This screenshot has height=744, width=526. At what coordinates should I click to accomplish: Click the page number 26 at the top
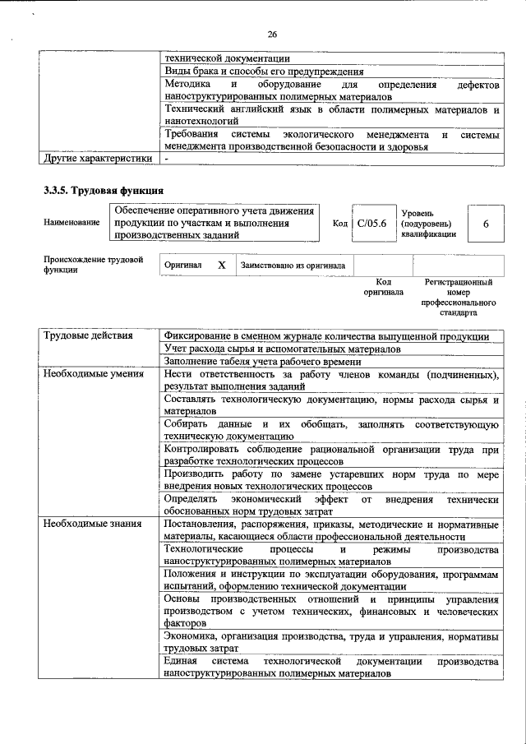click(x=273, y=34)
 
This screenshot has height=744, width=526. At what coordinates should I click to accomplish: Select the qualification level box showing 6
click(x=486, y=223)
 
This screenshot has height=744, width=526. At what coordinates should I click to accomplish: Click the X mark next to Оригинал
click(x=221, y=266)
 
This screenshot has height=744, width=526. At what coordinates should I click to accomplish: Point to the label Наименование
click(x=73, y=223)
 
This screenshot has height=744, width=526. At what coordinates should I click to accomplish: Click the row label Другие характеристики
click(x=98, y=158)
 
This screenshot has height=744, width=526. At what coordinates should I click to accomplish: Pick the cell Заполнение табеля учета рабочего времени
click(x=262, y=362)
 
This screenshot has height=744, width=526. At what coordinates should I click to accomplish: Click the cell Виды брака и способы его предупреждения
click(x=264, y=71)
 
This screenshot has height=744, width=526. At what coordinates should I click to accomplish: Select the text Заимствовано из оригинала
click(x=293, y=266)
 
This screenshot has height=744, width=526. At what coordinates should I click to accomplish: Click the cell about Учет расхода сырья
click(x=282, y=349)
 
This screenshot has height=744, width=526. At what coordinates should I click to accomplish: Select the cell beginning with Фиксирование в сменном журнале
click(x=326, y=336)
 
